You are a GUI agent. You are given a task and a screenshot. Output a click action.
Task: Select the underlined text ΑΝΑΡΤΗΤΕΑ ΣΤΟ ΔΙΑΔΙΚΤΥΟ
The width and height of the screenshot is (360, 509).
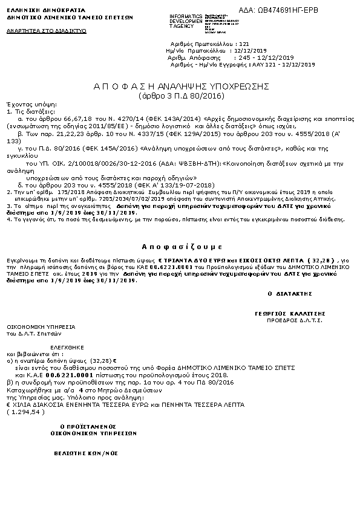(38, 29)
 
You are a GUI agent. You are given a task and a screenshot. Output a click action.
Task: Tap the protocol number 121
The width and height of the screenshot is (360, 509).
(244, 44)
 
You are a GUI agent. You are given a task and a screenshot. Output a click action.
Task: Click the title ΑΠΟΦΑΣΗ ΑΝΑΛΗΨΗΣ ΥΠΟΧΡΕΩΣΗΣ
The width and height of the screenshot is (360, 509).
(181, 87)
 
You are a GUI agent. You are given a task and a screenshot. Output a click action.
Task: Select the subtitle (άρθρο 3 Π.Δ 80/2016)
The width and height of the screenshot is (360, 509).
(181, 96)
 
